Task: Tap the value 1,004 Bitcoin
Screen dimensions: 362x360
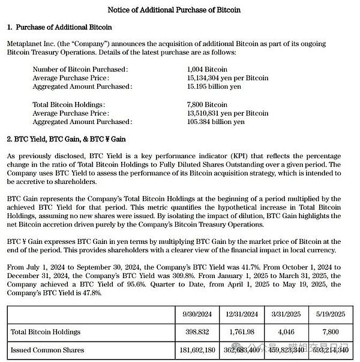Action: [208, 70]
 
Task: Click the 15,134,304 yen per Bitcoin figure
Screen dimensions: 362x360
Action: [227, 78]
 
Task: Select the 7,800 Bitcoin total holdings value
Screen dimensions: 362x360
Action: [208, 104]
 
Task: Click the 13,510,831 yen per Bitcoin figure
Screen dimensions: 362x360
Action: [227, 113]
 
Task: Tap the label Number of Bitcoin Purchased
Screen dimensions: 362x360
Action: [80, 70]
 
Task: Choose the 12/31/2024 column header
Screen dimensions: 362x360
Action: [241, 313]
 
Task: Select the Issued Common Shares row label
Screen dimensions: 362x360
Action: [48, 349]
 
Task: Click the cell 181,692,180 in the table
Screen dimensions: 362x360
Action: [197, 349]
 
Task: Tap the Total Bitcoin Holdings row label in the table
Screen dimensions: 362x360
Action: [46, 331]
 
